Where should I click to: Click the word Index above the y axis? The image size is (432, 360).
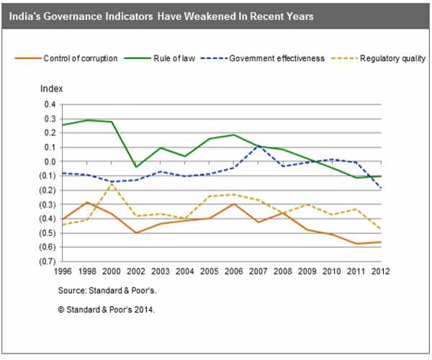(x=52, y=90)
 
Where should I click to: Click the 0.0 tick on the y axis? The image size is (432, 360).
(x=49, y=161)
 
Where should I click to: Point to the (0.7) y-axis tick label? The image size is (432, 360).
(x=48, y=261)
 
